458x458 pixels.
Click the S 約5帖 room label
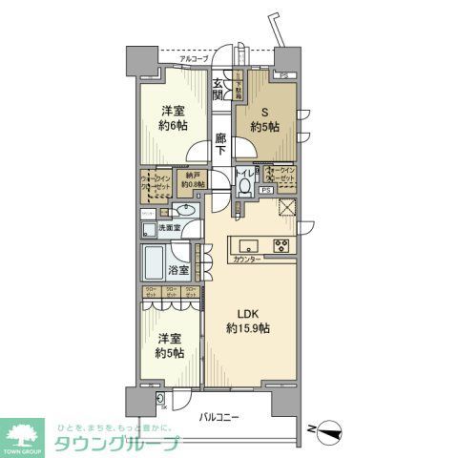tap(264, 117)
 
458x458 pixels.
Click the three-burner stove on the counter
tap(283, 244)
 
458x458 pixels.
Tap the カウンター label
tap(245, 259)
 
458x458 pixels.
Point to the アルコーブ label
tap(194, 59)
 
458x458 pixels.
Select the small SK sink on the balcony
tap(159, 400)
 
